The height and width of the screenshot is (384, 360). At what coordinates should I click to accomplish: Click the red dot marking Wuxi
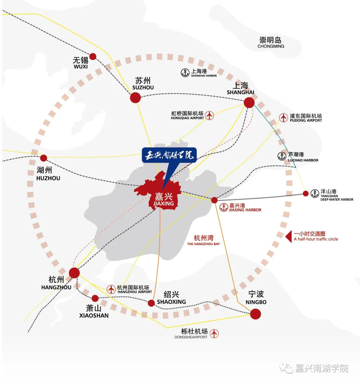click(93, 57)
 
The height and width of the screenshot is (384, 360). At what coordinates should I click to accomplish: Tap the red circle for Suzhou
click(135, 98)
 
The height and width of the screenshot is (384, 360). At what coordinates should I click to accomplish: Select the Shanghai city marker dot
click(249, 102)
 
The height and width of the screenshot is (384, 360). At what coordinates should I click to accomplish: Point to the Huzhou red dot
click(44, 158)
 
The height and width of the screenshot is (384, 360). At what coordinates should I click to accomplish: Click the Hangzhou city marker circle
click(74, 273)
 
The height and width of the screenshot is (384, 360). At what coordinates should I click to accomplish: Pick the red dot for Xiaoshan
click(95, 298)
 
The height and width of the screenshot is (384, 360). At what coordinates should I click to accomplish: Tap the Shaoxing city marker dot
click(151, 303)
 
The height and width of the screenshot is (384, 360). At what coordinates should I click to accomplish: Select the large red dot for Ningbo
click(255, 314)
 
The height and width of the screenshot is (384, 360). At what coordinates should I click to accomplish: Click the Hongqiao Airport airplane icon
click(210, 115)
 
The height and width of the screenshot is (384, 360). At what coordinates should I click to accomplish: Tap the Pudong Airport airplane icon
click(284, 118)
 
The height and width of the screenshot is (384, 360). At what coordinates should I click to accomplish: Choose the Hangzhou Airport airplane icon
click(111, 289)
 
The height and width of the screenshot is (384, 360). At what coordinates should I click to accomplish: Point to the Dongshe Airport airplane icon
click(214, 334)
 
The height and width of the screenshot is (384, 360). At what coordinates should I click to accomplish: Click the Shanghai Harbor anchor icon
click(185, 73)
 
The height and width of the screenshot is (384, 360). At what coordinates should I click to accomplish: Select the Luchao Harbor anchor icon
click(282, 156)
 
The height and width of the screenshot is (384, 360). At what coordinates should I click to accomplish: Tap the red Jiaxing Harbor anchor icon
click(224, 207)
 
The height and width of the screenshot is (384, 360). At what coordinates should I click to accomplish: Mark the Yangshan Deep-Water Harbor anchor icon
click(315, 193)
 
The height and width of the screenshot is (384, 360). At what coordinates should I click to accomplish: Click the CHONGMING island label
click(271, 46)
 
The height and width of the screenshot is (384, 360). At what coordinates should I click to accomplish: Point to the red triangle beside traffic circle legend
click(289, 236)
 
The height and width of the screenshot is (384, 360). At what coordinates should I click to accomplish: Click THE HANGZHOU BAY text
click(203, 244)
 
